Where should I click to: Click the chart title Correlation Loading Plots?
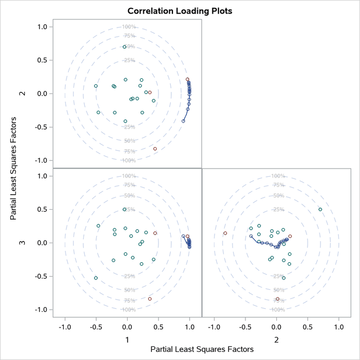coord(180,11)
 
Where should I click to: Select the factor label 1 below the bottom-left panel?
coord(128,339)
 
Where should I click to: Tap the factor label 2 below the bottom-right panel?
coord(277,339)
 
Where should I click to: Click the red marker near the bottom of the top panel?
coord(155,149)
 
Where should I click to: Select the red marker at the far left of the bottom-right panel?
coord(225,234)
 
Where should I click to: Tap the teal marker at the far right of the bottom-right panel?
coord(320,209)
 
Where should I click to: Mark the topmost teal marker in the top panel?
coord(124,47)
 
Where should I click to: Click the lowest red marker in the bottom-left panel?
coord(150,299)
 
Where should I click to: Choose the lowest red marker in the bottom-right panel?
coord(278,299)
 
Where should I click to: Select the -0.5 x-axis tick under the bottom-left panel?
coord(96,327)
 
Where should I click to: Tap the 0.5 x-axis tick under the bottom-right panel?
coord(308,327)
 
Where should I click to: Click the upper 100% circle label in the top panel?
coord(128,27)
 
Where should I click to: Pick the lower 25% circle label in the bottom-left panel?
coord(129,276)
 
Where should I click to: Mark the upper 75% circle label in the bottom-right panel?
coord(278,185)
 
